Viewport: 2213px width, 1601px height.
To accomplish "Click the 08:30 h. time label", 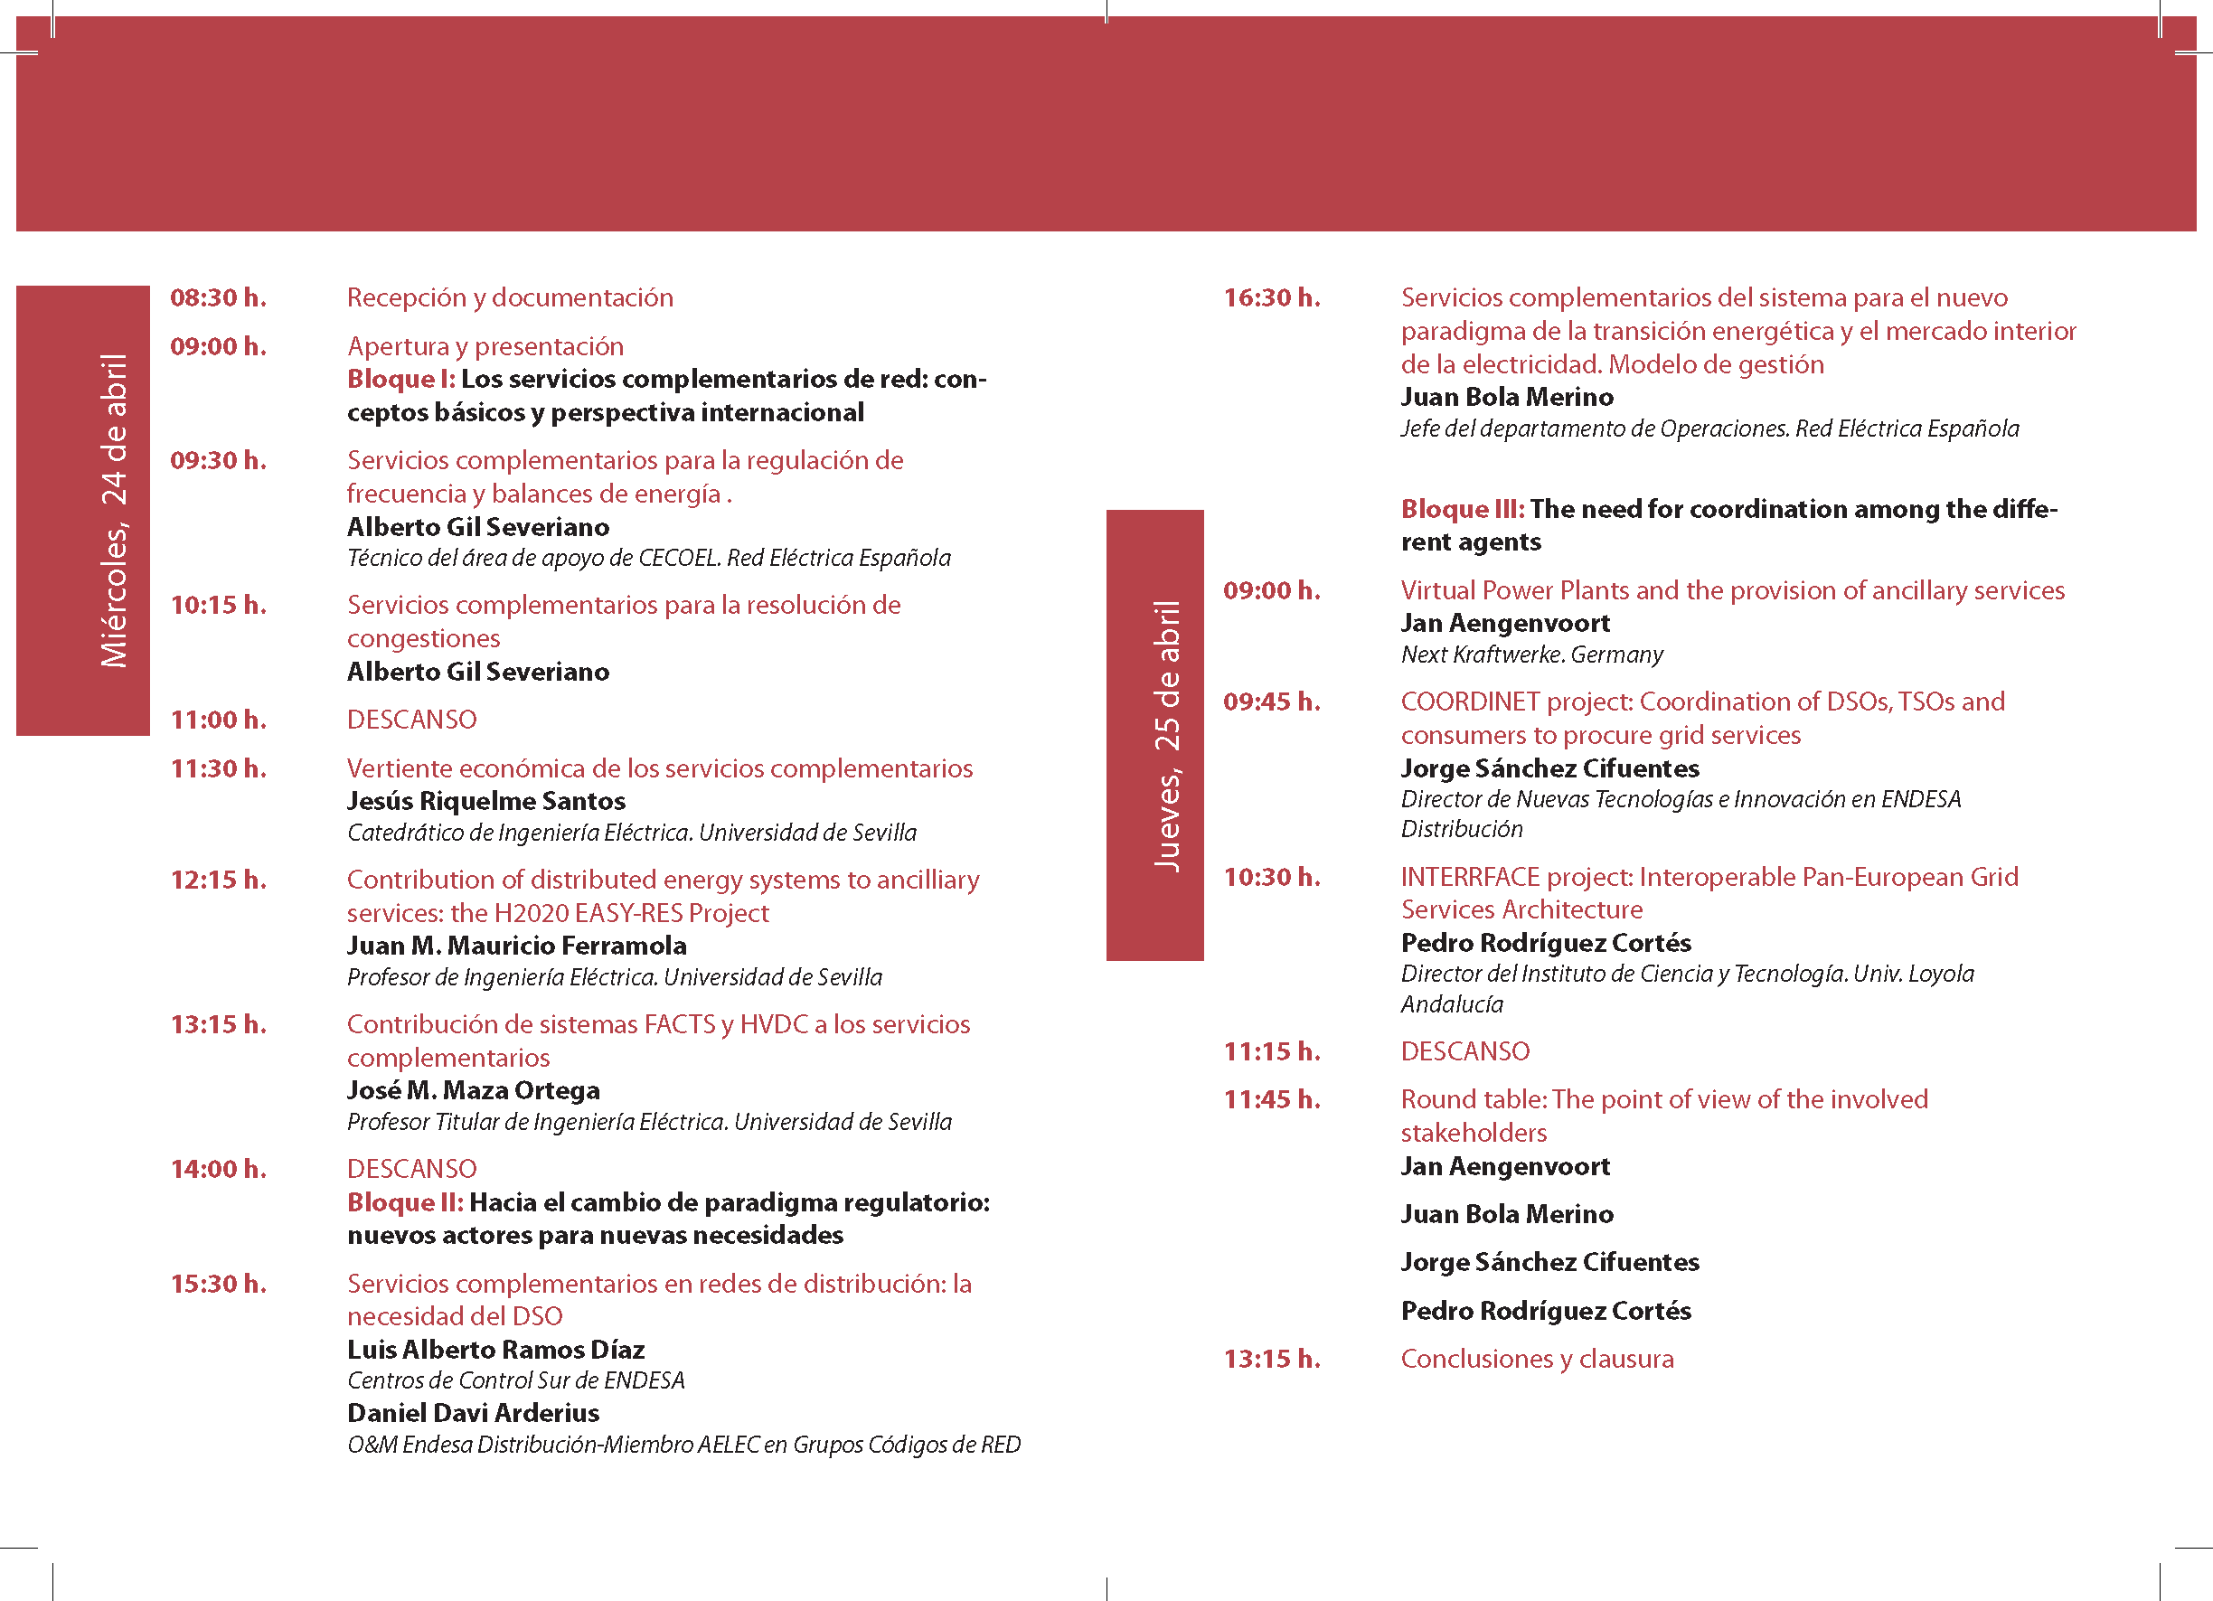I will click(x=218, y=297).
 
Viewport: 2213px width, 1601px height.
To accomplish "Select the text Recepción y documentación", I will click(x=509, y=297).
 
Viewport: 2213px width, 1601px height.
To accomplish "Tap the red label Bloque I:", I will click(x=400, y=379).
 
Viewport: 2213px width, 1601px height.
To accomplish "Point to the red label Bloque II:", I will click(x=404, y=1202).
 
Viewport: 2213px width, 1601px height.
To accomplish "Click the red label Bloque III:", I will click(x=1462, y=508).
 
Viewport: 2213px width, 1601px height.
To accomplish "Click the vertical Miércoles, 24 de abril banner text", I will click(x=114, y=510).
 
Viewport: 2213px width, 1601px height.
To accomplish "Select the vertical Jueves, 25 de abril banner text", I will click(x=1167, y=735).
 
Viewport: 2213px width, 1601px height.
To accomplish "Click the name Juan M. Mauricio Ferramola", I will click(x=516, y=946).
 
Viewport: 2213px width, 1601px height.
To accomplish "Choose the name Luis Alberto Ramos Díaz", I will click(x=495, y=1350).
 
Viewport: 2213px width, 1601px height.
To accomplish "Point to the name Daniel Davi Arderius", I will click(x=473, y=1413).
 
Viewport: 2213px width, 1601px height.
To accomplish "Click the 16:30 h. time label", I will click(x=1271, y=297).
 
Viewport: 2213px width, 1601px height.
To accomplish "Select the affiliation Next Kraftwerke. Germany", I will click(x=1531, y=654).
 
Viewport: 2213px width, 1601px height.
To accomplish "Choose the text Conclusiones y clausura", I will click(x=1537, y=1358).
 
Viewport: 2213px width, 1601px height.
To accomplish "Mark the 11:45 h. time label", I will click(x=1271, y=1099).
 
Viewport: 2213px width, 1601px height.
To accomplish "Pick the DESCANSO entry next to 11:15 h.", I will click(x=1464, y=1050).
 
